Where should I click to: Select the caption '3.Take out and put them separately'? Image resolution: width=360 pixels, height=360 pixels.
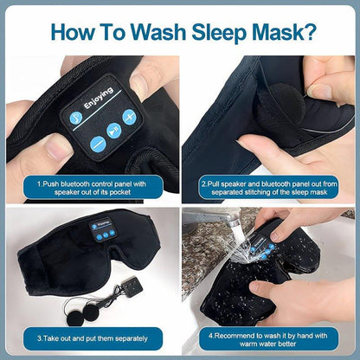(x=89, y=336)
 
